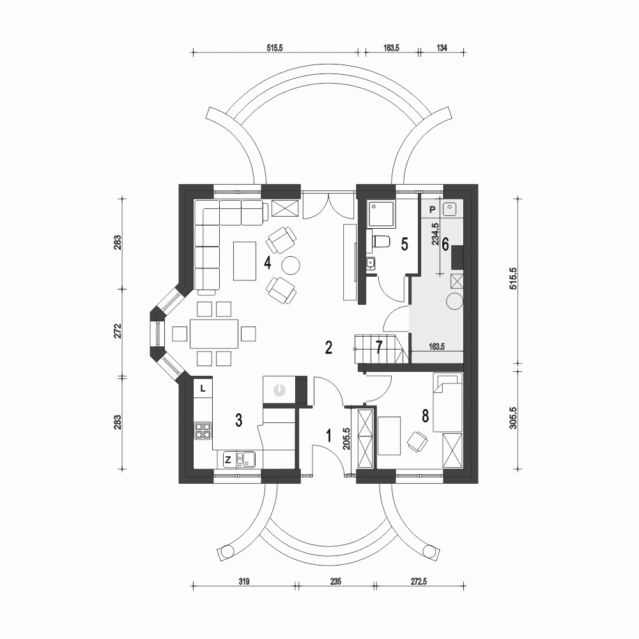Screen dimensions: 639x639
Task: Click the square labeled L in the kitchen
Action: coord(203,387)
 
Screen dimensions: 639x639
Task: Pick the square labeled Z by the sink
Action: coord(227,458)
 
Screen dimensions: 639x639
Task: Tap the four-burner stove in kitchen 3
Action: coord(203,431)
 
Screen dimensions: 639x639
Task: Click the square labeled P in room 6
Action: coord(433,210)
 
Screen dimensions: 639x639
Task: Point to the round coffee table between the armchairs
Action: coord(291,264)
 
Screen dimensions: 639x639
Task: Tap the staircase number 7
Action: coord(379,348)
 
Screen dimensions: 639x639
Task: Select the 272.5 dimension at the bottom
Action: coord(418,581)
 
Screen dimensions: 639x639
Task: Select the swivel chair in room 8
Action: coord(416,441)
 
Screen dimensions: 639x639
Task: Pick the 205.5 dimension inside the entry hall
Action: coord(346,439)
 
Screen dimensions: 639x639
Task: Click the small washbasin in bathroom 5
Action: coord(371,262)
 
